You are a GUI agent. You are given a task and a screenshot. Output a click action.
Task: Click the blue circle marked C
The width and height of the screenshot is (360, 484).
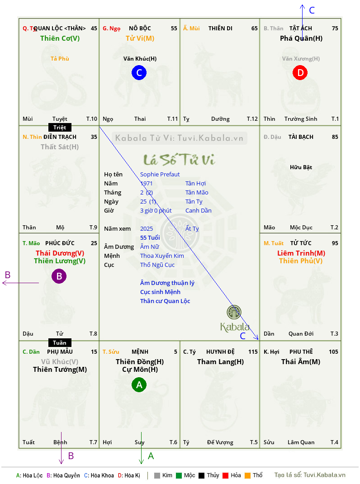point(139,72)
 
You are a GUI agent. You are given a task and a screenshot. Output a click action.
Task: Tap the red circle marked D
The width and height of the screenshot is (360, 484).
point(300,72)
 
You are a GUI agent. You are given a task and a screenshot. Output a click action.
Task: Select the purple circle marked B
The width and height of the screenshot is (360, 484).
point(59,276)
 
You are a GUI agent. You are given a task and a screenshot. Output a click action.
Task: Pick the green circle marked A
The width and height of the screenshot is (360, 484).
point(139,384)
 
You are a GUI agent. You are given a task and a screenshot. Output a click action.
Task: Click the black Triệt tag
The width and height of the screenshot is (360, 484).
point(60,128)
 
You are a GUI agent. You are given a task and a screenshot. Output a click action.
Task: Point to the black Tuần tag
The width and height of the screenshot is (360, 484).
point(60,342)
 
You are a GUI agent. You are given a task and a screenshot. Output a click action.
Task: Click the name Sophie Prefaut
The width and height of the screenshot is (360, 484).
point(160,175)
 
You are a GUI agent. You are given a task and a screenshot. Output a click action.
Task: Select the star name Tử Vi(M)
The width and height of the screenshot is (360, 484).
point(140,38)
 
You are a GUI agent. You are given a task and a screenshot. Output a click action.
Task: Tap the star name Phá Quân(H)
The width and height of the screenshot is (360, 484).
point(301,38)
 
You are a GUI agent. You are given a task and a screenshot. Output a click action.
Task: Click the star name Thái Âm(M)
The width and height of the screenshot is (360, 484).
point(301,362)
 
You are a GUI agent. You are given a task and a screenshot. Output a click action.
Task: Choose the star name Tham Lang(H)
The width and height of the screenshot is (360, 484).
point(220,362)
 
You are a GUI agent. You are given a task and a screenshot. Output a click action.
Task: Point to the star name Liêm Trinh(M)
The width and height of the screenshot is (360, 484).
point(301,253)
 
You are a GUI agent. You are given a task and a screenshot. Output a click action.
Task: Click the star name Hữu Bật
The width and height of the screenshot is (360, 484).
point(301,167)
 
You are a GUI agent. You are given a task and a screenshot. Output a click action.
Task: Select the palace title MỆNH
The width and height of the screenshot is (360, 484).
point(140,352)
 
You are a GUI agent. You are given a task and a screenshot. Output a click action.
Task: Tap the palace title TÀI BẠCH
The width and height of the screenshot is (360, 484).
point(301,137)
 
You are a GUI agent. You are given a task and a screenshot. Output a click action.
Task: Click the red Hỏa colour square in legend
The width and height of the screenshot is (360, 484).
point(225,475)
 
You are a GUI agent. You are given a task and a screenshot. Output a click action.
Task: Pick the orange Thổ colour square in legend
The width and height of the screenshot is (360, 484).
point(247,475)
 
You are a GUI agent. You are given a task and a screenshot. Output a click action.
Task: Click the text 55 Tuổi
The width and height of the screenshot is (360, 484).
point(150,237)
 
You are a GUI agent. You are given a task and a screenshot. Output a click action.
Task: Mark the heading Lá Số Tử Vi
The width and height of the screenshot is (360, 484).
point(180,160)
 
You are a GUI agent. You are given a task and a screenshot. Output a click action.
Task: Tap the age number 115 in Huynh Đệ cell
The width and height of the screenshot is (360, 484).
point(253,352)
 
